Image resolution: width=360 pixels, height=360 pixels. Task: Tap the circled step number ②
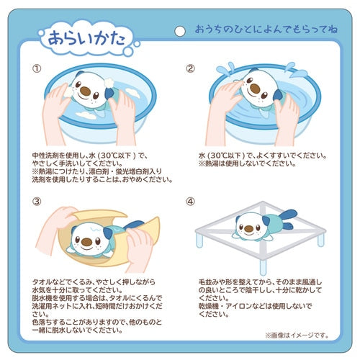point(191,69)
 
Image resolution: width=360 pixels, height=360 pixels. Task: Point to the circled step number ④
point(191,202)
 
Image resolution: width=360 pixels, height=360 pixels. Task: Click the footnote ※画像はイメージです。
point(297,335)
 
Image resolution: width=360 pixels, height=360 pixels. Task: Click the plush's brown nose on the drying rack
point(248,230)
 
